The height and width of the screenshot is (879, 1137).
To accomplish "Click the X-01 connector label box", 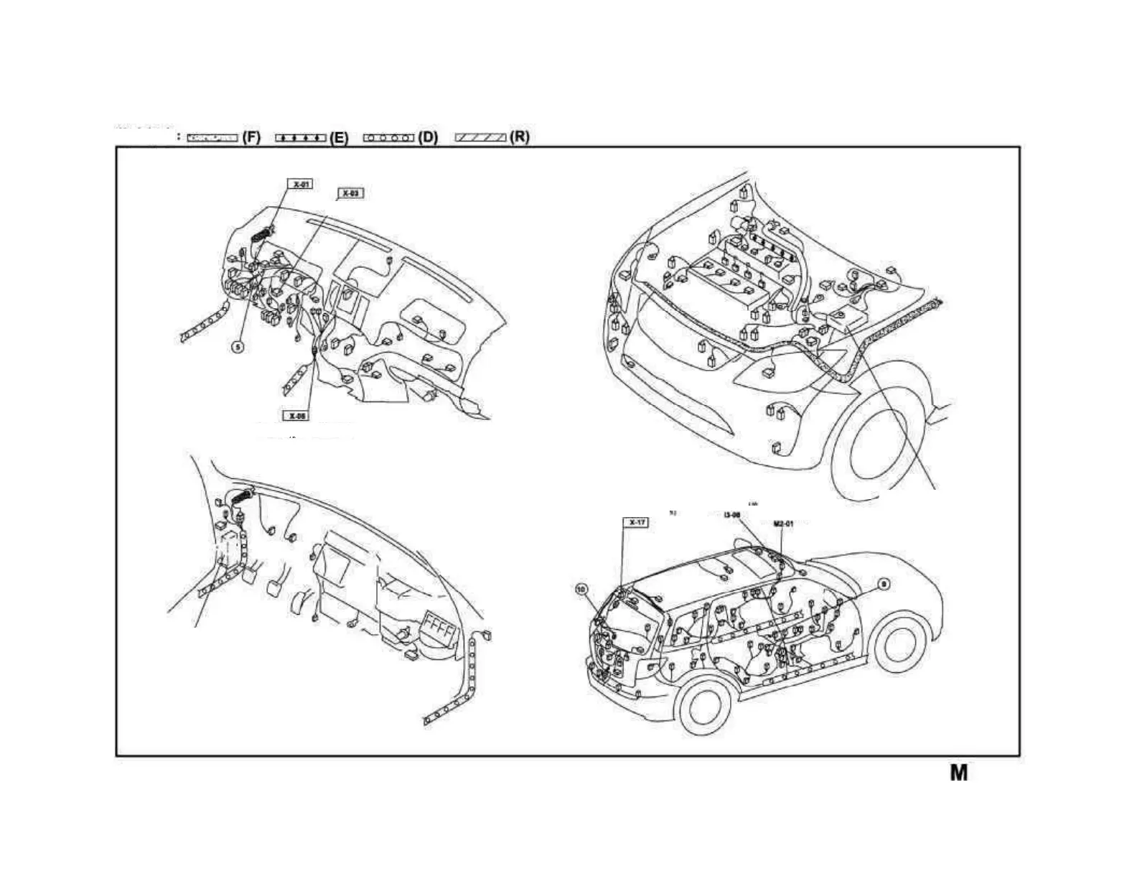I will coord(300,185).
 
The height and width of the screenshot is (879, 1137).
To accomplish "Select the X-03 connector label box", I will coord(350,193).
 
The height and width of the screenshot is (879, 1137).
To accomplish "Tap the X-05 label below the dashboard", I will coord(296,416).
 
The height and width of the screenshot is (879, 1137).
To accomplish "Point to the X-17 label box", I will coord(636,522).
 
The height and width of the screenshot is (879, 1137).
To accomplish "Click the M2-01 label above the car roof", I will coord(783,524).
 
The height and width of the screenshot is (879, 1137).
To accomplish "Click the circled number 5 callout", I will coord(238,346).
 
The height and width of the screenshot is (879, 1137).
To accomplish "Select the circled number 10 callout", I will coord(581,589).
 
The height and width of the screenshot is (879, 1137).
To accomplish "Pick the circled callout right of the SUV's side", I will coord(884,585).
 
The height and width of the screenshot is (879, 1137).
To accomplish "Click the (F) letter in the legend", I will coord(251,137).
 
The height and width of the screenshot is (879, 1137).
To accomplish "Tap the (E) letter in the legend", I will coord(339,138).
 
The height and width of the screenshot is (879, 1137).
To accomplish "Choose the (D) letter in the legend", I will coord(428,137).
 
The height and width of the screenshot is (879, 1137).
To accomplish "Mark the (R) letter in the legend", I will coord(519,137).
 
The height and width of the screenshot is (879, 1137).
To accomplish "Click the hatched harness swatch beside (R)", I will coord(481,137).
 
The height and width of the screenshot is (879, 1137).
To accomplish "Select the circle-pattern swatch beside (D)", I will coord(388,137).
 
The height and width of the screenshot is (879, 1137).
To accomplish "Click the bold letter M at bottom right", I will coord(959,773).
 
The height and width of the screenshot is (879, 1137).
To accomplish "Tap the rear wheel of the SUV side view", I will coord(704,707).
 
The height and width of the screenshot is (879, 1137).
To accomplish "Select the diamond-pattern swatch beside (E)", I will coord(300,137).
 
